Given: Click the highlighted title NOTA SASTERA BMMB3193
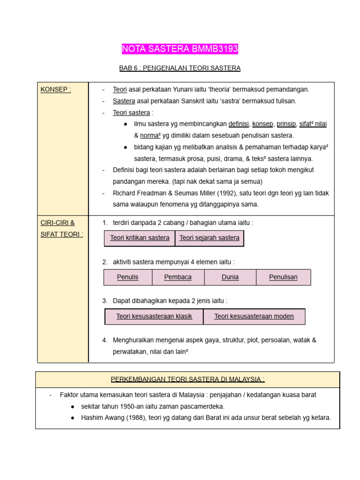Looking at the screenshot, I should pyautogui.click(x=180, y=49).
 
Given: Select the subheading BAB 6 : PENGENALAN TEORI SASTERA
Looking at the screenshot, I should pyautogui.click(x=180, y=68).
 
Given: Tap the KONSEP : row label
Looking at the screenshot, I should pyautogui.click(x=55, y=90).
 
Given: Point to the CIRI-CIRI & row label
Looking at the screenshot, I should pyautogui.click(x=58, y=223).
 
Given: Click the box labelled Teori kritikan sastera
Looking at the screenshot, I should pyautogui.click(x=140, y=238).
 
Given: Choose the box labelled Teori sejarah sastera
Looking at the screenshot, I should pyautogui.click(x=209, y=238).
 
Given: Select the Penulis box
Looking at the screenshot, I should pyautogui.click(x=127, y=277).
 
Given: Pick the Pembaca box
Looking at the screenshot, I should pyautogui.click(x=178, y=277).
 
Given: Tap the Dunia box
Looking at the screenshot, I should pyautogui.click(x=230, y=277).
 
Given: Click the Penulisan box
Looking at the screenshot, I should pyautogui.click(x=283, y=277).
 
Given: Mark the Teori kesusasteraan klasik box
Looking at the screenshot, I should pyautogui.click(x=154, y=317).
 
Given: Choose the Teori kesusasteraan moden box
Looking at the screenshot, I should pyautogui.click(x=254, y=317).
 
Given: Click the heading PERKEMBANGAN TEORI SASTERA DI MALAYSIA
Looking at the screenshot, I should pyautogui.click(x=187, y=379).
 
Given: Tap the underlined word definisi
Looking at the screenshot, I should pyautogui.click(x=239, y=124).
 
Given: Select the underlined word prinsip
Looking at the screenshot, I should pyautogui.click(x=286, y=124).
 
